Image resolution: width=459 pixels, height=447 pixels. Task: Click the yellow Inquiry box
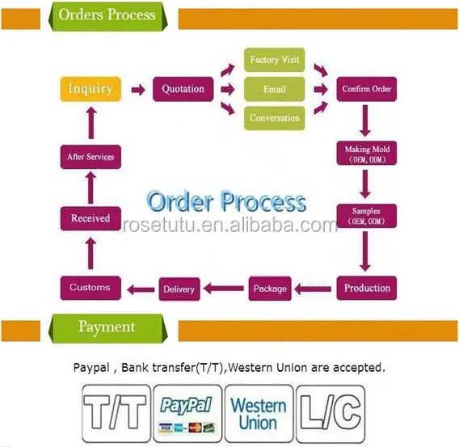(x=91, y=89)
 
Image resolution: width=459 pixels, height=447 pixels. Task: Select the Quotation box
(x=183, y=89)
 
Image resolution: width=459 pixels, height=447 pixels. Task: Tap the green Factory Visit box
(x=274, y=60)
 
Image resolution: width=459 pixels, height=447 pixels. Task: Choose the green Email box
(x=274, y=89)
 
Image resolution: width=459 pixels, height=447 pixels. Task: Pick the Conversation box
(x=274, y=118)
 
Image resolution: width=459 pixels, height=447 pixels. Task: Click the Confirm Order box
(x=367, y=89)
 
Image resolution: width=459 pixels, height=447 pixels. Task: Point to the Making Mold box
(x=367, y=153)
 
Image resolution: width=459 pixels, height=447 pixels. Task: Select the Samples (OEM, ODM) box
(x=367, y=216)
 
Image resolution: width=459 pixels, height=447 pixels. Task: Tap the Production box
(x=367, y=288)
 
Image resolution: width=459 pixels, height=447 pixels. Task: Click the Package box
(x=270, y=289)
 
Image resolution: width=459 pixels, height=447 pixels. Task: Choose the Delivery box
(x=179, y=289)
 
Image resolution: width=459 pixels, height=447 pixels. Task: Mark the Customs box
(x=91, y=288)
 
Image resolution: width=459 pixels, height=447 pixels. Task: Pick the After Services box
(x=91, y=157)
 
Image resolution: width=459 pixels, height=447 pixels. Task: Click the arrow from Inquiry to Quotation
(x=138, y=90)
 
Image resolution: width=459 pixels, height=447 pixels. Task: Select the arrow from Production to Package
(x=313, y=289)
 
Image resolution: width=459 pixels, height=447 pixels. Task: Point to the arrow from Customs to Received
(x=91, y=253)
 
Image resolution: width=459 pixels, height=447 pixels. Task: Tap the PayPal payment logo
(x=187, y=413)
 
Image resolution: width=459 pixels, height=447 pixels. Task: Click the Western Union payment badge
(x=259, y=413)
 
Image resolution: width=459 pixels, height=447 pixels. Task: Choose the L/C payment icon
(x=331, y=413)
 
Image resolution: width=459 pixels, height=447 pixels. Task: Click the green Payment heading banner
(x=107, y=328)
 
